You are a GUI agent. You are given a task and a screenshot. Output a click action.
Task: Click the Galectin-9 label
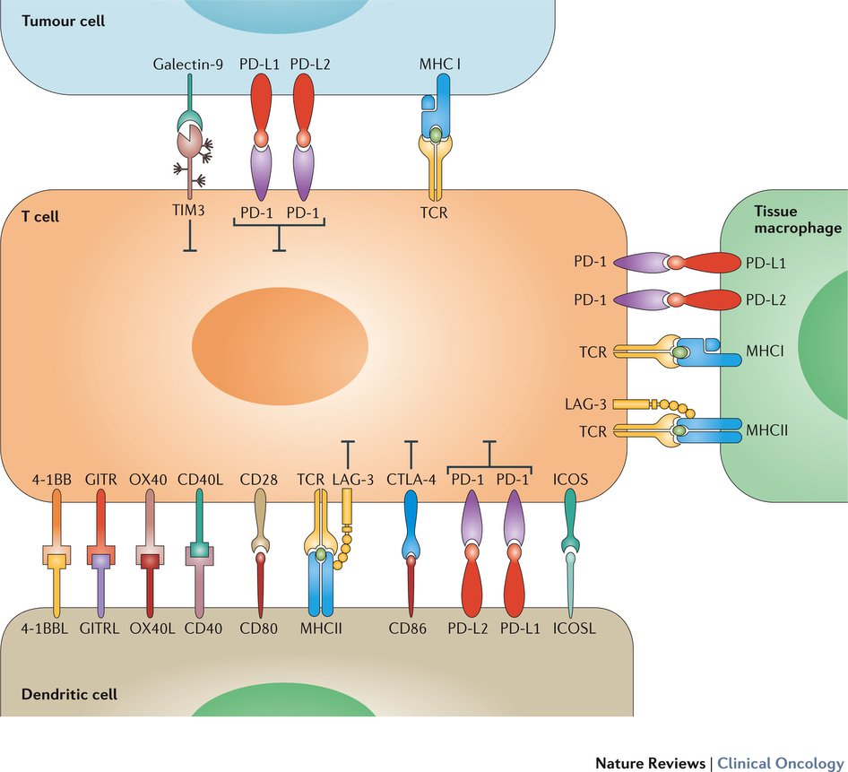[x=187, y=65]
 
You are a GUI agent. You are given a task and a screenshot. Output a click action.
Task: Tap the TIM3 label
[x=189, y=213]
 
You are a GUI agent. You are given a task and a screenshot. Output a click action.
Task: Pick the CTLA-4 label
[x=411, y=479]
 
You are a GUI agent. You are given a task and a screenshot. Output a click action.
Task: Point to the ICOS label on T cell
[x=571, y=479]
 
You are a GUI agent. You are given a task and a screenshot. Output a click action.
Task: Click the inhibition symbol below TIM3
[x=189, y=241]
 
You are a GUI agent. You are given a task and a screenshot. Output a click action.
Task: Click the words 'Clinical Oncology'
[x=776, y=762]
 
